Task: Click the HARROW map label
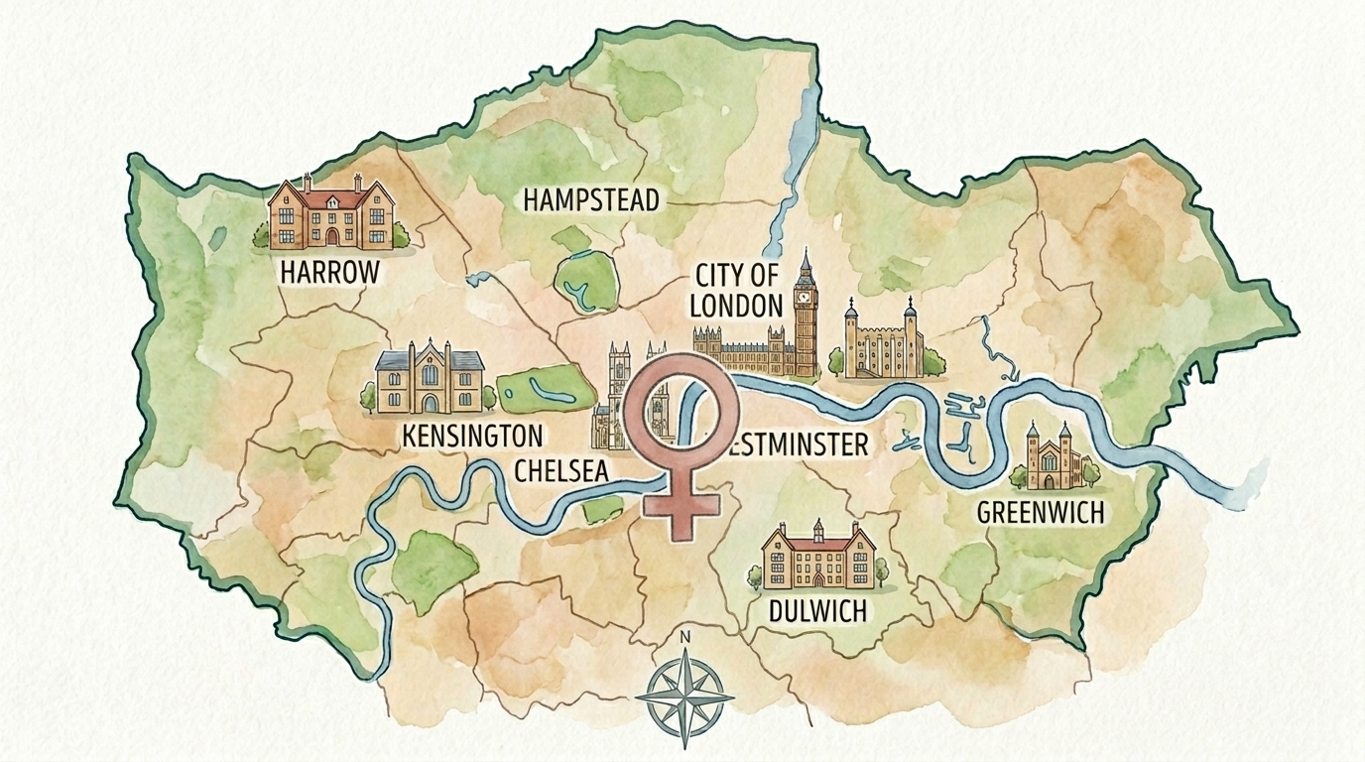[x=330, y=271]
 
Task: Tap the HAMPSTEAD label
[x=590, y=200]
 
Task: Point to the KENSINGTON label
[x=472, y=436]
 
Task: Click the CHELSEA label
[x=560, y=470]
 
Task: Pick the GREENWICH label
[x=1041, y=512]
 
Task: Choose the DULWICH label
[x=817, y=610]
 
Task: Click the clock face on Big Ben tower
[x=805, y=294]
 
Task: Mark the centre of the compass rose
[x=683, y=695]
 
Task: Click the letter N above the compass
[x=683, y=638]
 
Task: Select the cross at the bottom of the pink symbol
[x=680, y=506]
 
